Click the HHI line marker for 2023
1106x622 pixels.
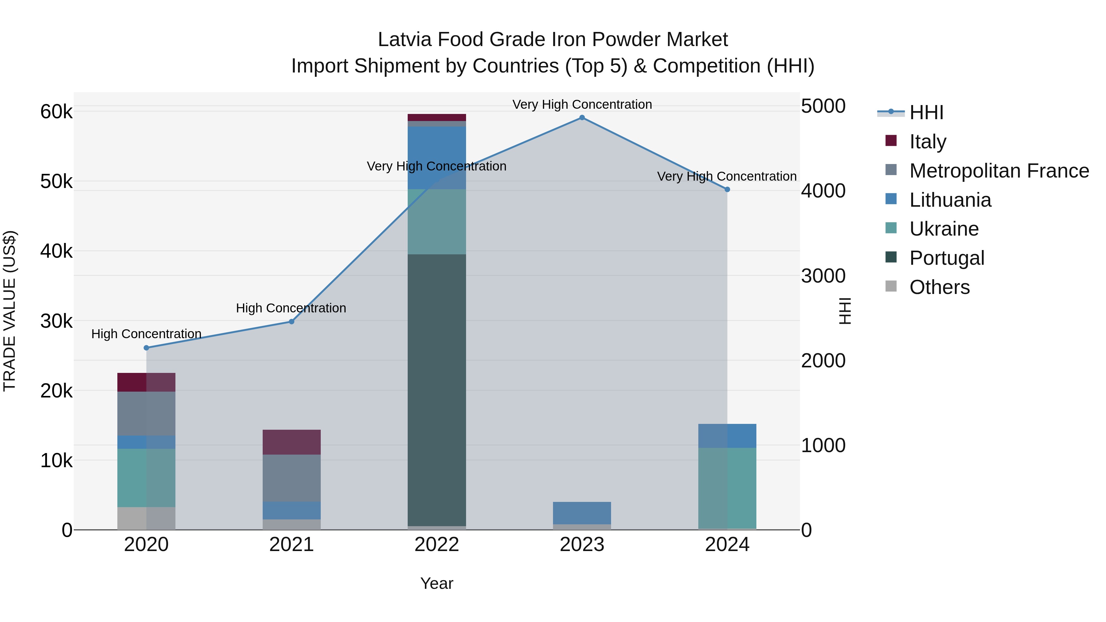click(582, 118)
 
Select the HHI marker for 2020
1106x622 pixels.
click(147, 348)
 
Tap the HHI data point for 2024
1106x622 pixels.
click(727, 189)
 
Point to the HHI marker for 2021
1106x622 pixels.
click(292, 322)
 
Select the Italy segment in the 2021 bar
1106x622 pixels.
click(292, 442)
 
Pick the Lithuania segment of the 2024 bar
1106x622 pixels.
click(727, 436)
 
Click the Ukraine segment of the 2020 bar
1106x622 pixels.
click(147, 478)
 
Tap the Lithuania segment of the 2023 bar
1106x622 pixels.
click(582, 513)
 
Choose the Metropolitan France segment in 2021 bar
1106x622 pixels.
click(292, 478)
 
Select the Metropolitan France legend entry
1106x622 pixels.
click(999, 171)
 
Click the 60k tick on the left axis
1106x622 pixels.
click(56, 112)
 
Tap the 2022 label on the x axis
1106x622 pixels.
click(437, 545)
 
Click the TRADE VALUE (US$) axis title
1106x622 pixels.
click(10, 311)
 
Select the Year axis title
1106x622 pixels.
click(437, 583)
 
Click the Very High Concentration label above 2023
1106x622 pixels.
click(582, 104)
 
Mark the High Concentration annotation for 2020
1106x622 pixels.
click(147, 334)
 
